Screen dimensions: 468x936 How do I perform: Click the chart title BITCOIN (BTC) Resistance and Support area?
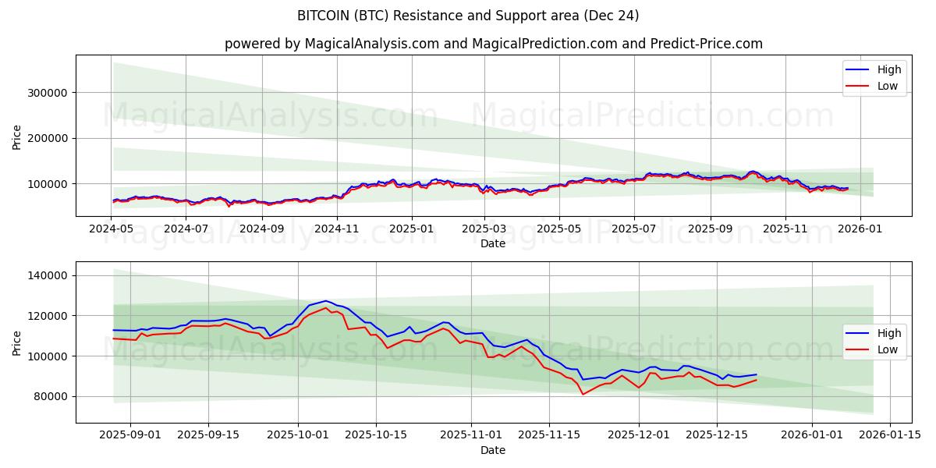pos(468,16)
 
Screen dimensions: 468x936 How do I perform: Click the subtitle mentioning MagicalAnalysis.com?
pos(493,44)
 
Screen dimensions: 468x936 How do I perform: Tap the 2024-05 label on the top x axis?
pos(112,229)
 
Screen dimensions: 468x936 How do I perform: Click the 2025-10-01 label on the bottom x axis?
pos(298,435)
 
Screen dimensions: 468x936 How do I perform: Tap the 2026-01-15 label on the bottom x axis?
pos(888,435)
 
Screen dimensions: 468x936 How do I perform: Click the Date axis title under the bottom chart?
pos(493,450)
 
